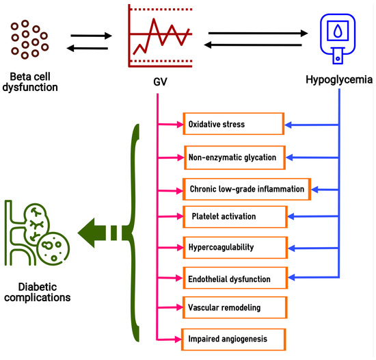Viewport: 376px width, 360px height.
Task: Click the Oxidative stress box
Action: click(x=233, y=125)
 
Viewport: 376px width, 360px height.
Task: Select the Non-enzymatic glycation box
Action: click(x=233, y=157)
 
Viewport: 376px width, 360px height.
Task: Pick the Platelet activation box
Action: click(x=233, y=216)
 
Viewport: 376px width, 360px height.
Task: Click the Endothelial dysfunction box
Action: click(x=233, y=279)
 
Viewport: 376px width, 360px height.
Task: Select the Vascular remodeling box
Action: click(x=233, y=308)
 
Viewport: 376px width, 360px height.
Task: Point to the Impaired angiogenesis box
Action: click(x=233, y=337)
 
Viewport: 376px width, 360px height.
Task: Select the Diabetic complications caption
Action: click(x=34, y=293)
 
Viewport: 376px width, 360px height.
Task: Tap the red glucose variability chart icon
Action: click(x=159, y=34)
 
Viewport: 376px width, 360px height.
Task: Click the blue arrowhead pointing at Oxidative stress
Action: click(x=289, y=125)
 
